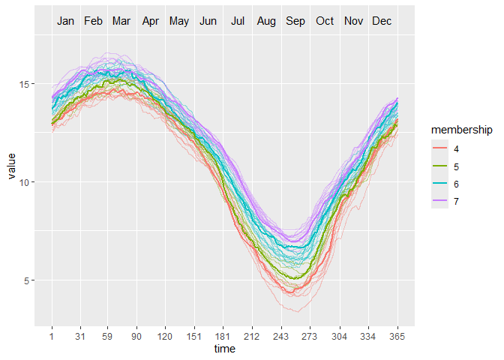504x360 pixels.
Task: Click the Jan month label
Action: click(66, 21)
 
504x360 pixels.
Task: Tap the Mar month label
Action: click(121, 21)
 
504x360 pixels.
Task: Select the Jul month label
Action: click(238, 21)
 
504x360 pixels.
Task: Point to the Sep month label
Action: click(295, 21)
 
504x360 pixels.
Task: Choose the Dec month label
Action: click(382, 21)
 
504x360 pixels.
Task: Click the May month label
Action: click(179, 21)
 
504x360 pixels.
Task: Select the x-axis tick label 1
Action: click(52, 337)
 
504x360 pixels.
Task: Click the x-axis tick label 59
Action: click(108, 337)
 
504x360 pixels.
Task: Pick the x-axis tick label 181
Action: click(223, 337)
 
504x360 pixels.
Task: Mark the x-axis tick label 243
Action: click(282, 337)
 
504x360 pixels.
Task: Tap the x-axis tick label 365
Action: click(397, 337)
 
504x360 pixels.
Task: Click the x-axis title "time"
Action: click(224, 349)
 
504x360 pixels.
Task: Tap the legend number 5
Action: click(457, 166)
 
